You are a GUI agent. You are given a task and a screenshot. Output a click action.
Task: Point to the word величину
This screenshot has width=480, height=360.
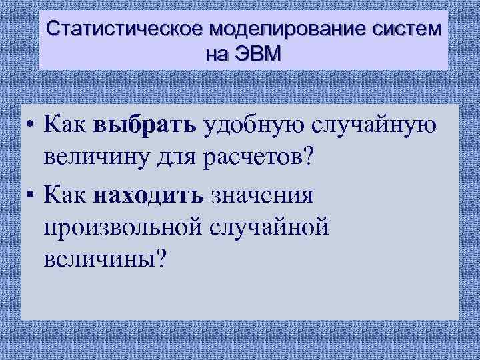click(x=97, y=160)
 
